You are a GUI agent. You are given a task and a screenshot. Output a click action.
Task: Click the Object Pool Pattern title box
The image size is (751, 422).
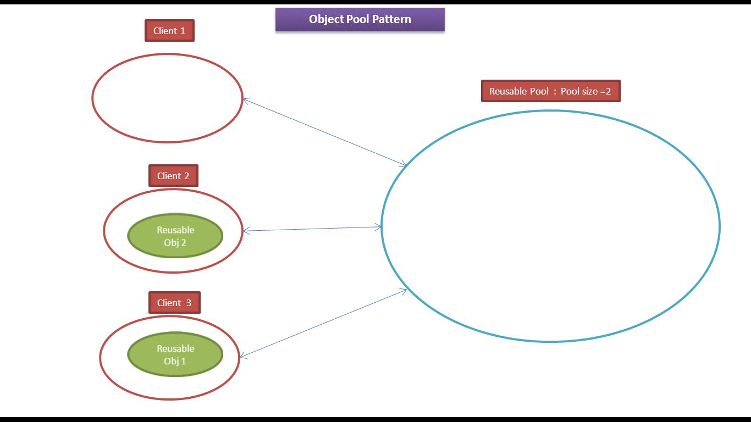360,19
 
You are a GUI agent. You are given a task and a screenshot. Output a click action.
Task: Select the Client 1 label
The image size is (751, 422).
169,31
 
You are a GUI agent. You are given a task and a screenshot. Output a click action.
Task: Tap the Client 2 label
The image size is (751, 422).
173,176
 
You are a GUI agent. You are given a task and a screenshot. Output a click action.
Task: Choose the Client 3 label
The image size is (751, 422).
174,303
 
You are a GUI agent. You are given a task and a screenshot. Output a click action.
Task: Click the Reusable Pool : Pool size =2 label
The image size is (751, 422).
550,91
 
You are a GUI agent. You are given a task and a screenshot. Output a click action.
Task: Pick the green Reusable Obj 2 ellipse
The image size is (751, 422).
175,236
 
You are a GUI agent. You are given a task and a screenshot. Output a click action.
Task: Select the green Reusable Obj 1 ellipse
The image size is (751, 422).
175,354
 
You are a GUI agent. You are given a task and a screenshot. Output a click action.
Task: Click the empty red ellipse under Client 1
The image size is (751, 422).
167,98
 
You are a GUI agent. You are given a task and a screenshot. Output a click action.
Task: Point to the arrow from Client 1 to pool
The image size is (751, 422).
324,132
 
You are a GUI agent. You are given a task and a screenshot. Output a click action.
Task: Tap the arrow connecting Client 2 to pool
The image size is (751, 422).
312,229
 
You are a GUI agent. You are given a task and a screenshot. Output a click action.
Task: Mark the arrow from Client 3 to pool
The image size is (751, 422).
323,324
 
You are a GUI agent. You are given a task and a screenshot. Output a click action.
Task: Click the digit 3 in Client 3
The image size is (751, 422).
189,303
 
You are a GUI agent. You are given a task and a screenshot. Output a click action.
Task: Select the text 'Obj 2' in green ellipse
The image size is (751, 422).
175,242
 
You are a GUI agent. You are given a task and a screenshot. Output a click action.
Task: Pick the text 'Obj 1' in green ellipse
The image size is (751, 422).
175,361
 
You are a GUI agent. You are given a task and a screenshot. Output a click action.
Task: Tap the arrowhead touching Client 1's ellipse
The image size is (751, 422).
246,100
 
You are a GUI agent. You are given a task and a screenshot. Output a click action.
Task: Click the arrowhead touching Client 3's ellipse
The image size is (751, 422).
243,357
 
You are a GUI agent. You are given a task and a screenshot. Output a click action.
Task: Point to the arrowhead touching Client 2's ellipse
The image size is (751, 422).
246,231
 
